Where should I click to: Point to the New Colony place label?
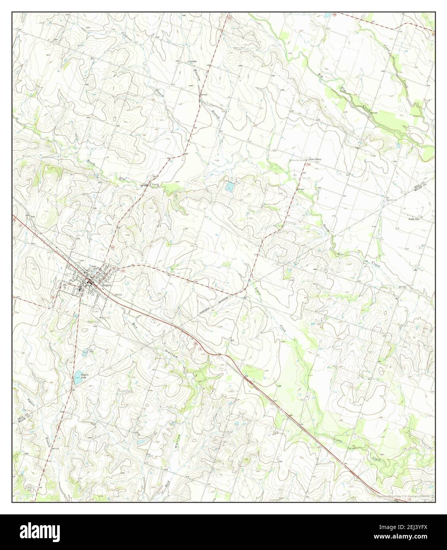pos(315,159)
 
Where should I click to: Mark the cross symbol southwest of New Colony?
pos(295,174)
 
